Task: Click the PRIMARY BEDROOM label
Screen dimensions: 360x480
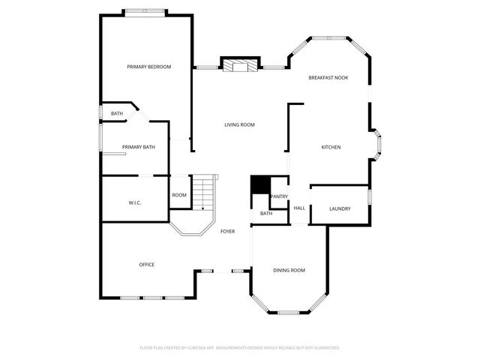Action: tap(148, 67)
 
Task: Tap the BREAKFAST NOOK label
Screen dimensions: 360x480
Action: tap(328, 78)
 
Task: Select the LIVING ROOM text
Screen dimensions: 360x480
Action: tap(239, 124)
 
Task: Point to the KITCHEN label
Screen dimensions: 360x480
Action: tap(331, 147)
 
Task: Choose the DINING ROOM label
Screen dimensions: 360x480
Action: tap(289, 270)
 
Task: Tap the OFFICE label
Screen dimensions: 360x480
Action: tap(146, 264)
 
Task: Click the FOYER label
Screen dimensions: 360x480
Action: tap(227, 231)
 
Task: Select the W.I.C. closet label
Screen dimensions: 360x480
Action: tap(135, 202)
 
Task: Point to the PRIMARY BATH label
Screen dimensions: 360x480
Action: tap(139, 147)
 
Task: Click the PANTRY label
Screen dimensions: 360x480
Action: tap(279, 196)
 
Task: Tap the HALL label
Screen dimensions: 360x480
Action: tap(299, 208)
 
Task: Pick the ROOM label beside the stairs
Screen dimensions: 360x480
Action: tap(178, 195)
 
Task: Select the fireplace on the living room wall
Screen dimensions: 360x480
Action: tap(239, 66)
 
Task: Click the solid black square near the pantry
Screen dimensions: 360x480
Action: tap(259, 184)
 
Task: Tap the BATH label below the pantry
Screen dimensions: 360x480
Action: tap(266, 214)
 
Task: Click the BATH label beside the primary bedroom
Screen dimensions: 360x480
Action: tap(117, 113)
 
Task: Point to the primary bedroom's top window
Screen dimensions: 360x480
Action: tap(145, 10)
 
